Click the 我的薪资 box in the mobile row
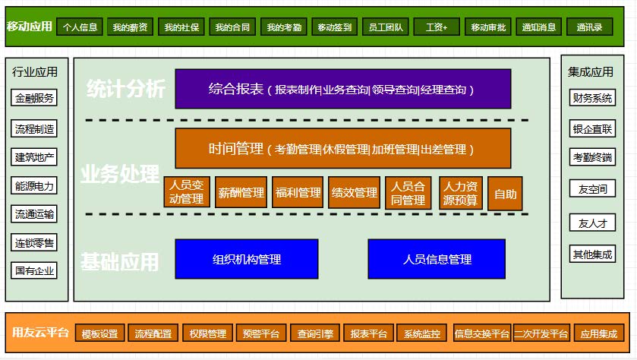[130, 27]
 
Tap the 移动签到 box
[334, 27]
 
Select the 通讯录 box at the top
[589, 27]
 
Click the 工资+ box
[437, 27]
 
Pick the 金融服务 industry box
[34, 97]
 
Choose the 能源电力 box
[34, 185]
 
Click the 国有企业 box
[34, 270]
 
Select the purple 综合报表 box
[343, 89]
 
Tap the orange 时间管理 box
[343, 148]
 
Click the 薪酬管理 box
[241, 192]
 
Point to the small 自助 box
[505, 194]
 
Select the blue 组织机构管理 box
[247, 259]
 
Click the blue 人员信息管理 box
[437, 259]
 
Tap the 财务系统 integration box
[592, 97]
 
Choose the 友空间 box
[592, 188]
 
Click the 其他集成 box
[592, 254]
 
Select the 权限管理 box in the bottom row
[207, 333]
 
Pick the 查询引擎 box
[315, 333]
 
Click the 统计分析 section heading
[125, 89]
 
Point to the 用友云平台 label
[40, 333]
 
